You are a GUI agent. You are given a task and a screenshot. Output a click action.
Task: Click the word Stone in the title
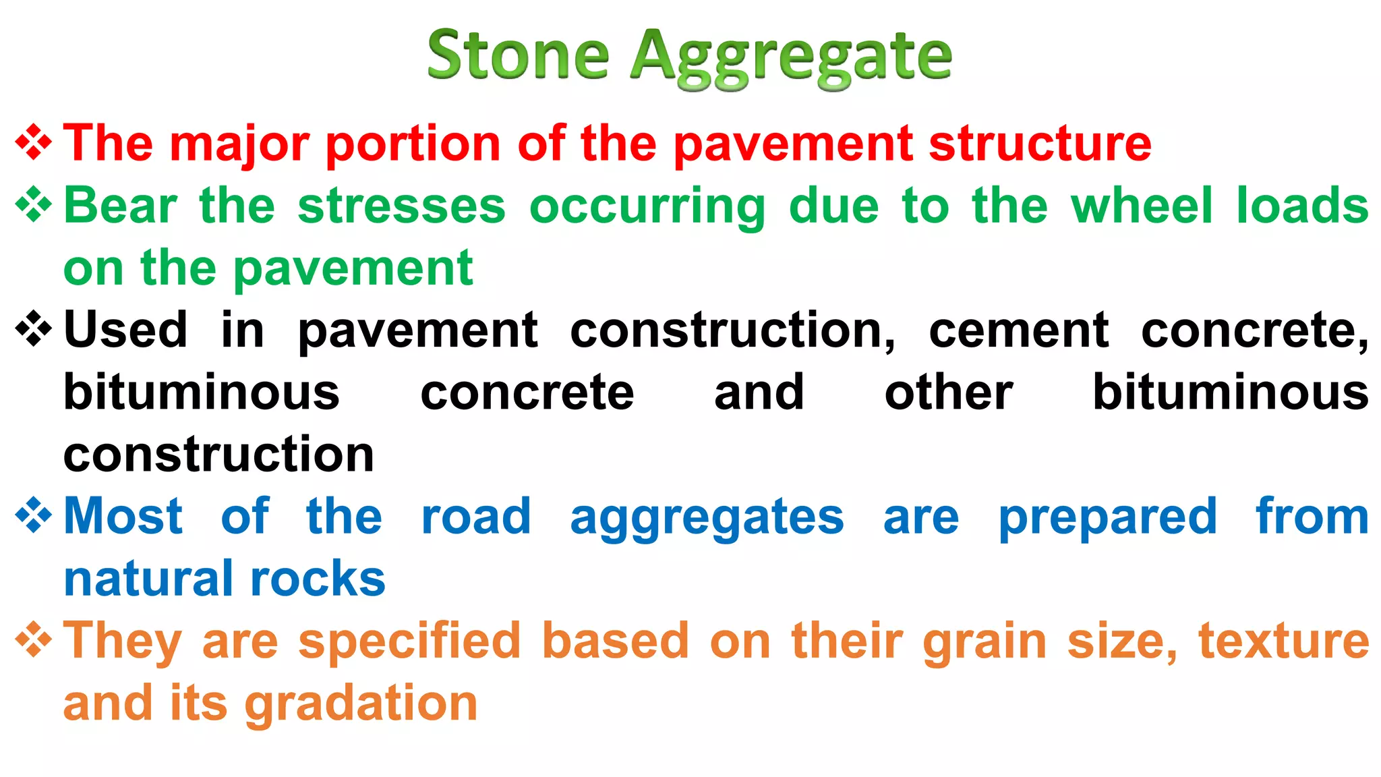click(518, 55)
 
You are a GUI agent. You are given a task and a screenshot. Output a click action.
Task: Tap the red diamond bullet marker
click(34, 143)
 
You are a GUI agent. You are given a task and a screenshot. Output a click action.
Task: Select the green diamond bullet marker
click(34, 205)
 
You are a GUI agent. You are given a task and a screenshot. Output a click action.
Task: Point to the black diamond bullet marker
click(34, 329)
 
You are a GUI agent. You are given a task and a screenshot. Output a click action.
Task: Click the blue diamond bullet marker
click(34, 516)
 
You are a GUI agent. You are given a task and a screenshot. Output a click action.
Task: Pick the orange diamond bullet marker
click(34, 640)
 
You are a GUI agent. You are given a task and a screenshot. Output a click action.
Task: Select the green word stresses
click(401, 206)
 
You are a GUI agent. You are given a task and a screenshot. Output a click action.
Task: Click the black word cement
click(1018, 330)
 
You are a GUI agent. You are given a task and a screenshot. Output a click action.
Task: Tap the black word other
click(948, 392)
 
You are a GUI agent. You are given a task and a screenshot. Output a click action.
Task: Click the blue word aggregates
click(707, 519)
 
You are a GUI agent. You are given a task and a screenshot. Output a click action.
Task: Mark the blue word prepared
click(1107, 519)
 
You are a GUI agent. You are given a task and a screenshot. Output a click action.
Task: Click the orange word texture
click(1283, 641)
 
